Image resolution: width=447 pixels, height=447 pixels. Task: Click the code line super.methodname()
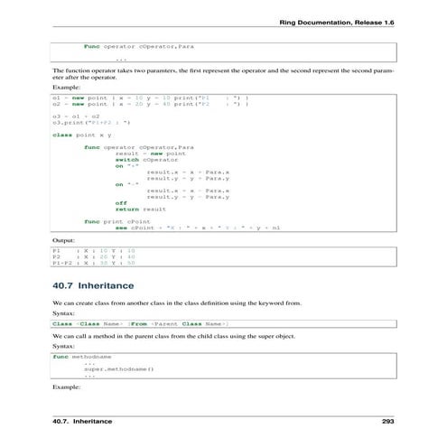[118, 369]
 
